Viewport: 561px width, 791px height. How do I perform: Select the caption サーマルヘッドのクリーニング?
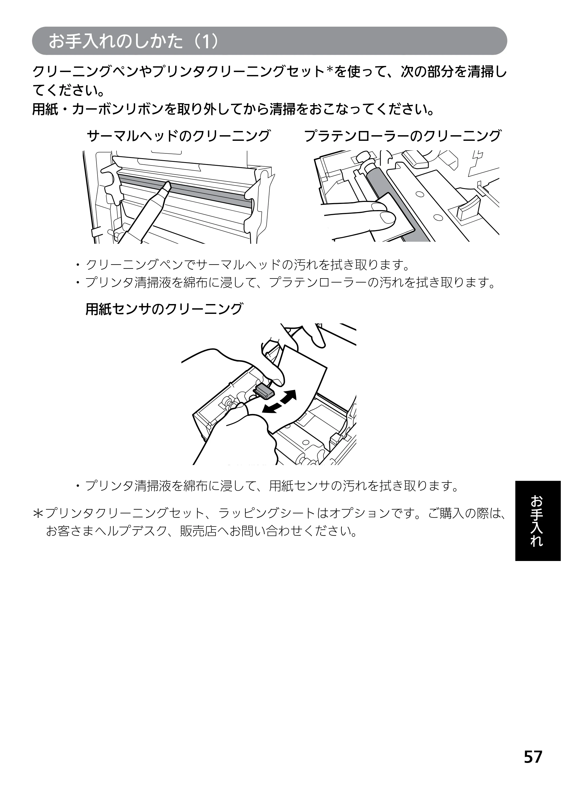[x=178, y=136]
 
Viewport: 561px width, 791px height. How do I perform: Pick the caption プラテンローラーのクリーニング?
[x=402, y=136]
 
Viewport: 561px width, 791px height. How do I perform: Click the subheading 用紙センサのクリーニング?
[x=164, y=309]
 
